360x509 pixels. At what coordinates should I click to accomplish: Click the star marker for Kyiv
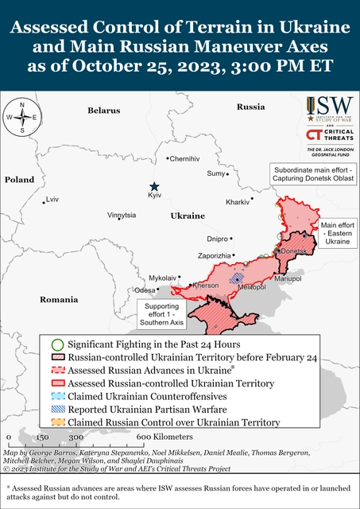click(x=156, y=185)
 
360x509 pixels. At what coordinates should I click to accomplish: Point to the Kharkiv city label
click(x=238, y=202)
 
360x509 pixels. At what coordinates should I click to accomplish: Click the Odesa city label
click(x=144, y=290)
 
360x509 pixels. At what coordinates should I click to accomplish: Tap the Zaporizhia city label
click(x=214, y=255)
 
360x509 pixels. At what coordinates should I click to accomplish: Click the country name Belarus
click(x=104, y=110)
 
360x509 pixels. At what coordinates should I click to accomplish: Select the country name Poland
click(x=20, y=181)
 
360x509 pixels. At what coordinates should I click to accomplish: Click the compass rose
click(x=23, y=117)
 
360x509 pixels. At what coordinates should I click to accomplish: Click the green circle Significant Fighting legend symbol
click(x=56, y=344)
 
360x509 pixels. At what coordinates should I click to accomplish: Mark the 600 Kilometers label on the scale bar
click(x=161, y=437)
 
